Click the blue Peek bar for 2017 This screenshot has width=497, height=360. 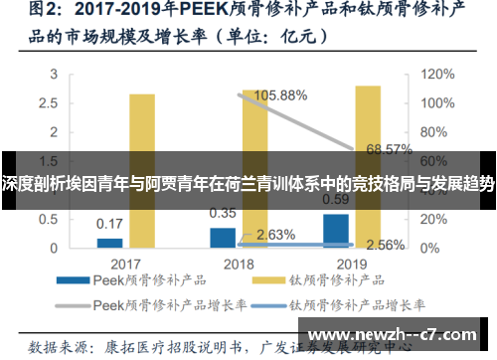[110, 242]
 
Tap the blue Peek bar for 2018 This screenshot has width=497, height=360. [223, 237]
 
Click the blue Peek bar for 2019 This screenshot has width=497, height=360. [337, 230]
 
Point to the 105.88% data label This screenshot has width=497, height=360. [281, 95]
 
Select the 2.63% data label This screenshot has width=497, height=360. [275, 235]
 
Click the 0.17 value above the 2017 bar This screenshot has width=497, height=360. [110, 223]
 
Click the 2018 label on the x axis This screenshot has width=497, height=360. [240, 265]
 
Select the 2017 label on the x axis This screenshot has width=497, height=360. [126, 265]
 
